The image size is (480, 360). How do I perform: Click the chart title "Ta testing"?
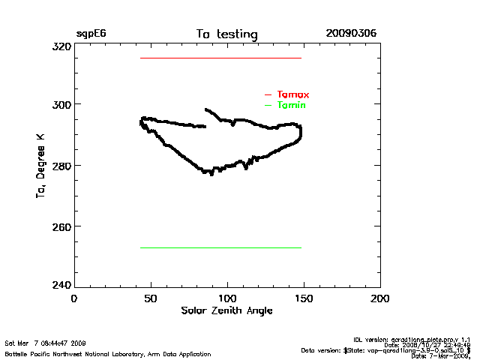(x=226, y=34)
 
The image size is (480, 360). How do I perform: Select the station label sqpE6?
(x=91, y=34)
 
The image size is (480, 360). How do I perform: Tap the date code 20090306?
(x=351, y=34)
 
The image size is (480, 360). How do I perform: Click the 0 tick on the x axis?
(x=74, y=298)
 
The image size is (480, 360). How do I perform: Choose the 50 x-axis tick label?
(x=151, y=298)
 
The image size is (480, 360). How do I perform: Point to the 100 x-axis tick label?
(x=228, y=298)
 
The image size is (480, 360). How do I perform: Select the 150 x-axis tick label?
(x=304, y=298)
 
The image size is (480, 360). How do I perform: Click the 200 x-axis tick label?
(x=381, y=298)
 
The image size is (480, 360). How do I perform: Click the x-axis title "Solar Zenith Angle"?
(x=227, y=310)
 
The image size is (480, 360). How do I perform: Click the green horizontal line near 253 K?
(x=220, y=247)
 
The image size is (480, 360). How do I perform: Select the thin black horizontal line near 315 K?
(x=220, y=58)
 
